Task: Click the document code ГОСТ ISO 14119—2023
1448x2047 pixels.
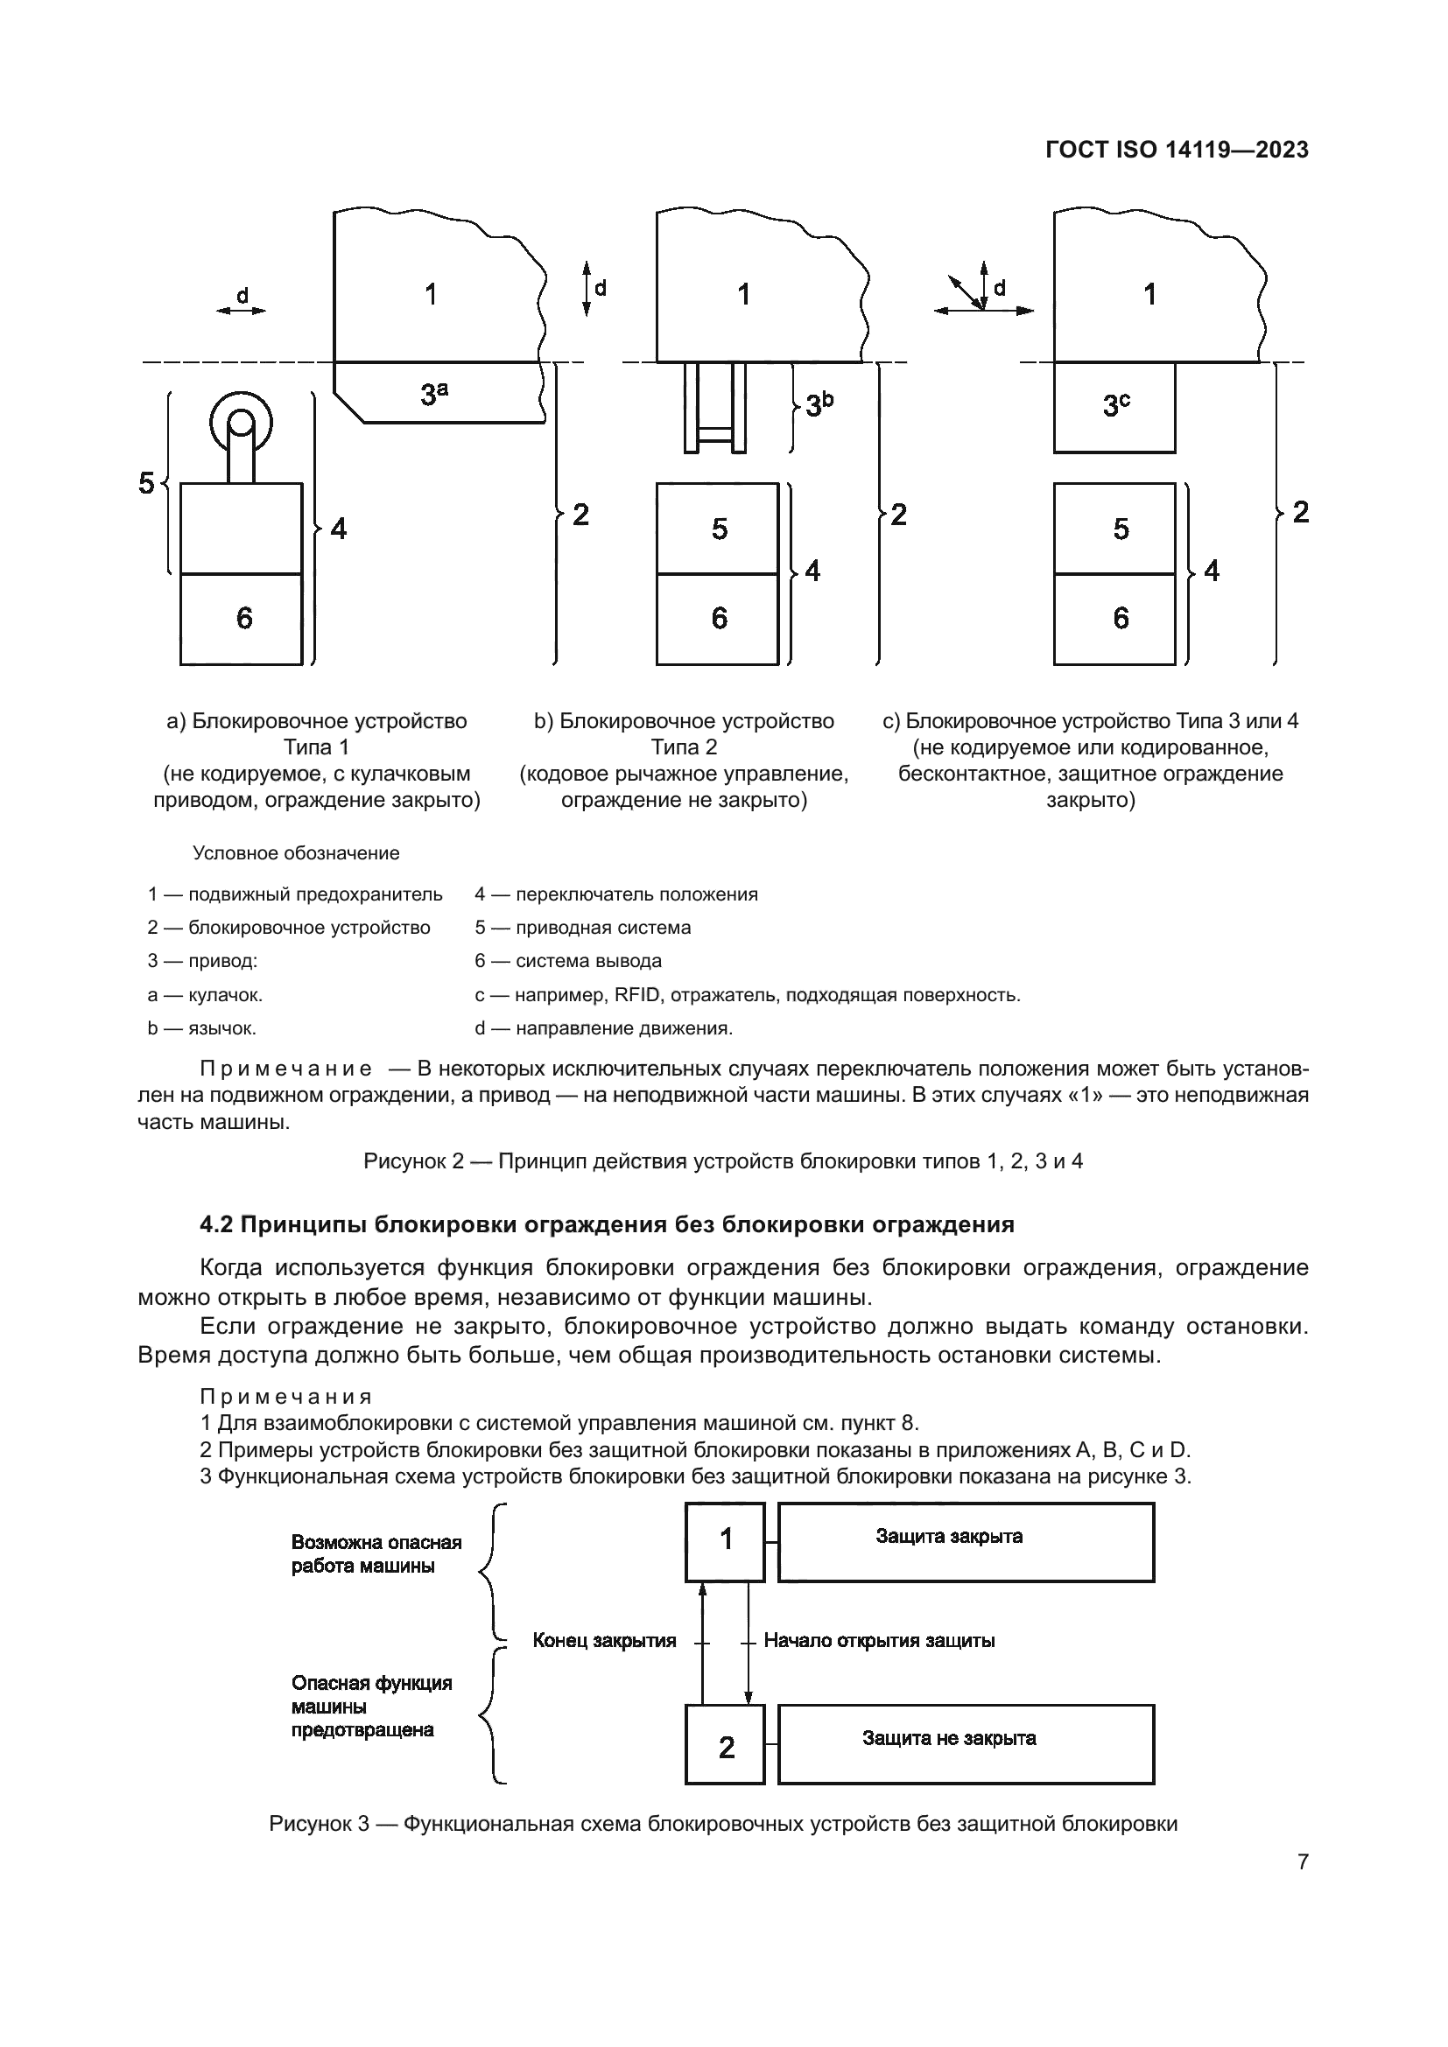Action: [1176, 150]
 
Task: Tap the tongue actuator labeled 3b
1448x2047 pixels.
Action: [714, 408]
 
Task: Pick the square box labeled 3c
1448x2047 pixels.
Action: [1114, 408]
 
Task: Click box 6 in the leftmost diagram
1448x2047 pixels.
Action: [242, 619]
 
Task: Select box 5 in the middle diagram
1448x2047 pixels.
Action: [717, 529]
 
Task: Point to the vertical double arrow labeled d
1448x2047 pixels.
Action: [587, 289]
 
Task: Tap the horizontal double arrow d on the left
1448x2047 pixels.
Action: [241, 311]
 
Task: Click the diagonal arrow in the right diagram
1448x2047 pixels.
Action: [965, 292]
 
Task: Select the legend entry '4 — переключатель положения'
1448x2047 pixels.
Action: [615, 894]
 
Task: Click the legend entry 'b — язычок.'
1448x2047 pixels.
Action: [201, 1029]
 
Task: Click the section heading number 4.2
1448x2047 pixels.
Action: [215, 1224]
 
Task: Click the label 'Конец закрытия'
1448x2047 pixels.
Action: [604, 1640]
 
